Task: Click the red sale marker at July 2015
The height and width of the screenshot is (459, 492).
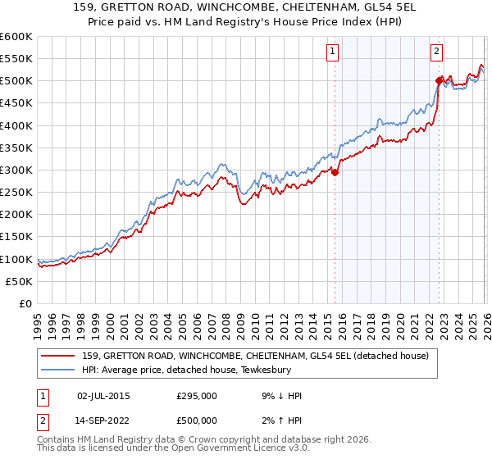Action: click(x=335, y=172)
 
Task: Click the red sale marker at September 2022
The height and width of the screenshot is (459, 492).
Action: click(x=439, y=80)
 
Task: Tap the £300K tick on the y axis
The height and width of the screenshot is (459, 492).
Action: click(x=16, y=170)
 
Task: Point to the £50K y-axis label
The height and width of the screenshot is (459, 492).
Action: click(x=19, y=281)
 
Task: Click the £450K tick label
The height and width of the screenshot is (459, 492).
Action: click(x=16, y=103)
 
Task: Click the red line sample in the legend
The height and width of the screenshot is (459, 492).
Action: click(x=59, y=356)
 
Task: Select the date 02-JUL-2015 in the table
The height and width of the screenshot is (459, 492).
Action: click(x=103, y=396)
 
